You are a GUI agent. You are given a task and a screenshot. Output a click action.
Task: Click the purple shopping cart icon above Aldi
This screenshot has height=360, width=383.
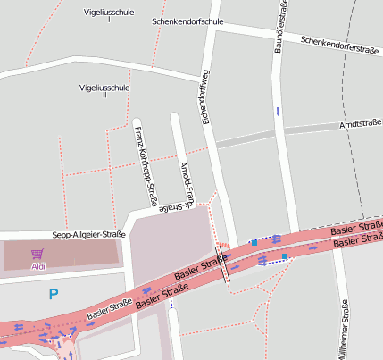[37, 254]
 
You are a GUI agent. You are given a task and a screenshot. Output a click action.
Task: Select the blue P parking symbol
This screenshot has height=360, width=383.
[54, 293]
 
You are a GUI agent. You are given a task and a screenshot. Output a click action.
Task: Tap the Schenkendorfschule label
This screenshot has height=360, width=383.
[187, 21]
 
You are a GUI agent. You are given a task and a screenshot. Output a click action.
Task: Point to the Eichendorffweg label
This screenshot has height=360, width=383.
[204, 96]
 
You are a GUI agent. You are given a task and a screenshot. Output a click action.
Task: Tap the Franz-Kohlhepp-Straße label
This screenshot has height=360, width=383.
[146, 167]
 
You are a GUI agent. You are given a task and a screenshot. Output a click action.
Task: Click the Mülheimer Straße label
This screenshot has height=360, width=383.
[345, 328]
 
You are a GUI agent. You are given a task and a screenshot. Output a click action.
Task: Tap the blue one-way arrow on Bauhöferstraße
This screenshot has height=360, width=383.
[277, 111]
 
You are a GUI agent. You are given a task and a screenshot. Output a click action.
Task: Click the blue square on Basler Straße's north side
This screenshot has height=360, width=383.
[254, 242]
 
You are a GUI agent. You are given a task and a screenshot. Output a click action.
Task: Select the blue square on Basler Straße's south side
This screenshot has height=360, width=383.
[285, 256]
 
